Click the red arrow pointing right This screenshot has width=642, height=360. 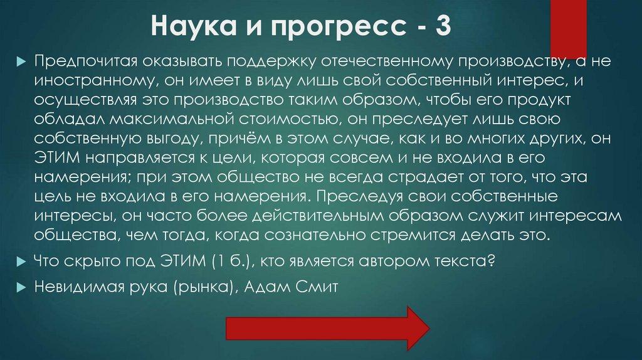327,328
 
